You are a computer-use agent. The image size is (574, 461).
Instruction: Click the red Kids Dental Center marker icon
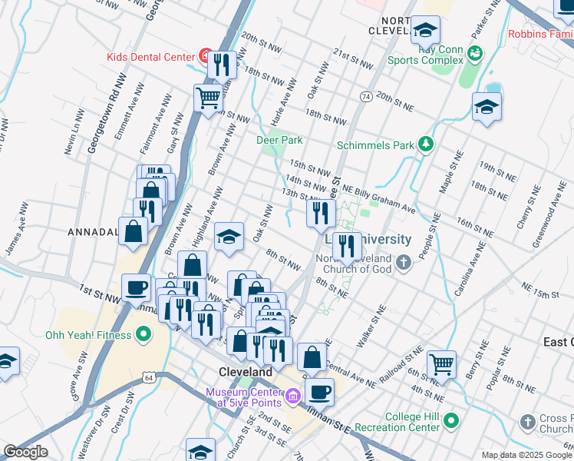coord(205,55)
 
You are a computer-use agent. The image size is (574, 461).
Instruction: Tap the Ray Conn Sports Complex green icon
coord(474,52)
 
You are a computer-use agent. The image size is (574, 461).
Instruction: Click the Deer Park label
coord(279,140)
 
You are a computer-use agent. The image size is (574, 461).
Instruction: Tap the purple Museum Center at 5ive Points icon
coord(292,396)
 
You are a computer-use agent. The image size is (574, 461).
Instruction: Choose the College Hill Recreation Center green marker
coord(451,420)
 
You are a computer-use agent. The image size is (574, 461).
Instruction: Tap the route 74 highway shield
coord(366,97)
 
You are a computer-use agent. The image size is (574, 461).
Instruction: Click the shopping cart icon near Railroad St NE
coord(441,363)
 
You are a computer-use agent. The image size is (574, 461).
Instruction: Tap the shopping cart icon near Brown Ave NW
coord(208,98)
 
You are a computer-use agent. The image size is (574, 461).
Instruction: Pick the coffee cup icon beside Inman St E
coord(319,391)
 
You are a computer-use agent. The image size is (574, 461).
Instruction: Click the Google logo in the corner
coord(25,452)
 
